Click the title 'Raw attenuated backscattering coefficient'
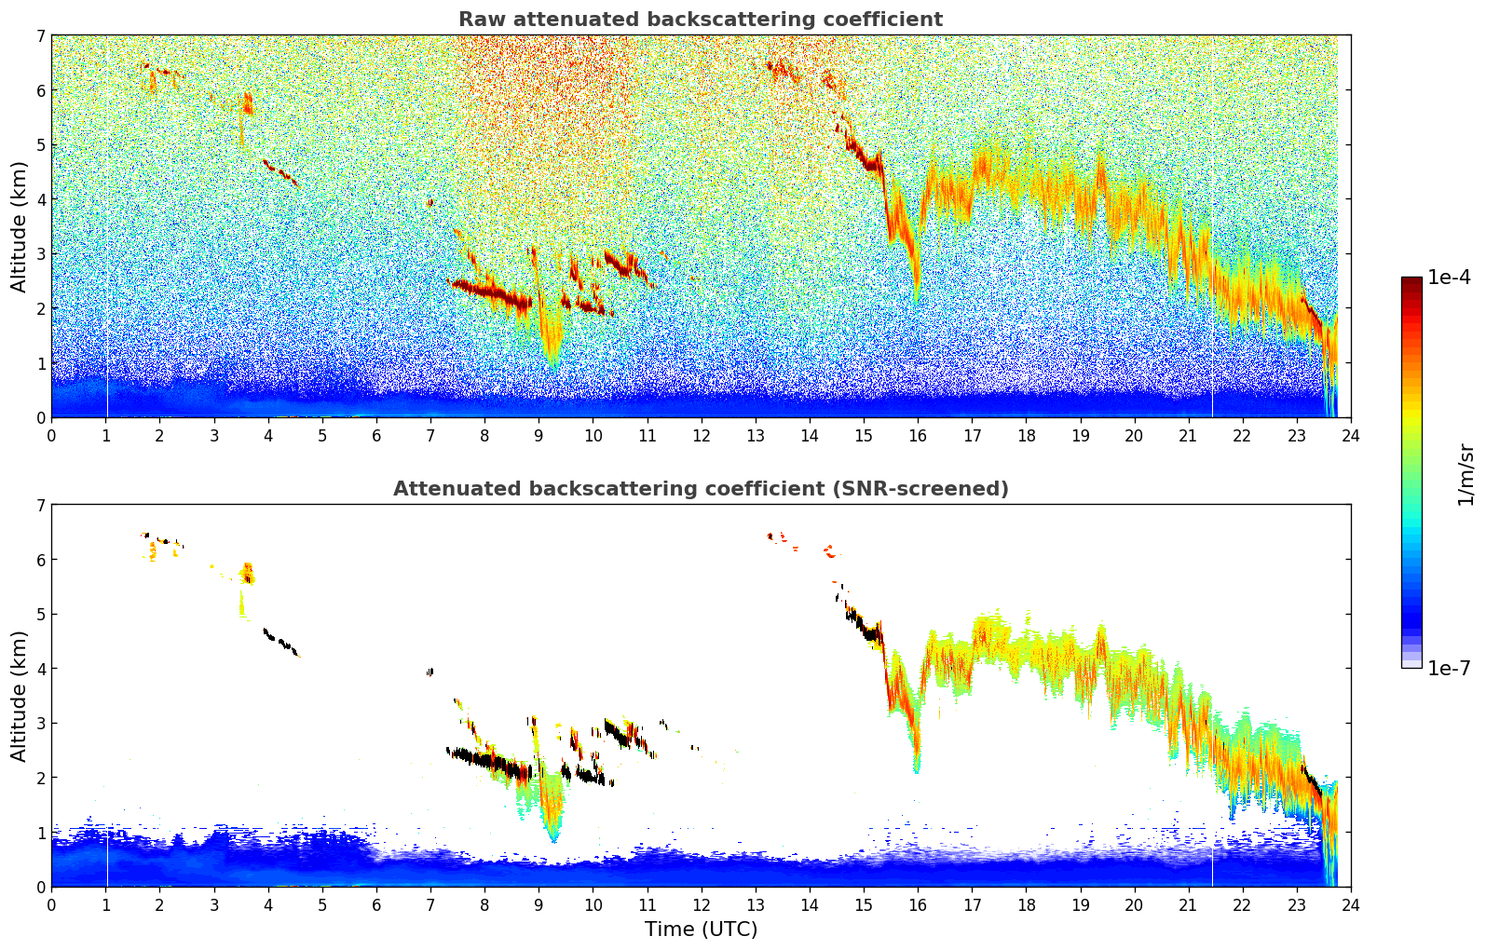(x=700, y=20)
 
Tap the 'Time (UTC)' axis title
(x=701, y=929)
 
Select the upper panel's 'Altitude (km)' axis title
(x=20, y=226)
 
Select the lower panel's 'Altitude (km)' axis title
(x=20, y=696)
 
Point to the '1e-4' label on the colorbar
(x=1449, y=278)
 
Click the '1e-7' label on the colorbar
(x=1449, y=668)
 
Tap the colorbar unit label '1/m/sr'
(x=1466, y=475)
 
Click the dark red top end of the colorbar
(x=1411, y=281)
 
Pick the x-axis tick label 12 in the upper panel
(x=701, y=435)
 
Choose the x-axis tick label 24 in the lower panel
(x=1350, y=904)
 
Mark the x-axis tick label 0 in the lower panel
(x=51, y=904)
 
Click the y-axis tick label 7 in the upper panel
(x=40, y=35)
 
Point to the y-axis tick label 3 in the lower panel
(x=40, y=723)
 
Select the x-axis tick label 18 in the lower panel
(x=1026, y=904)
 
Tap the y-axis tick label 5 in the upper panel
(x=40, y=144)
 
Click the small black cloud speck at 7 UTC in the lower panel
(x=429, y=672)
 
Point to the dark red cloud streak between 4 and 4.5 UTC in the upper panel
(x=279, y=172)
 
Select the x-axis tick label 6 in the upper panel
(x=376, y=435)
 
